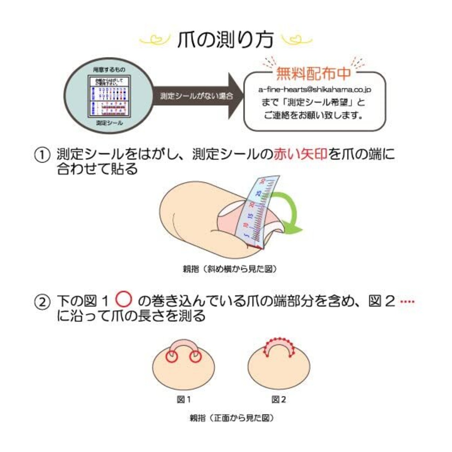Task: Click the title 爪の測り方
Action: (226, 40)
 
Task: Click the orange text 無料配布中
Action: (314, 73)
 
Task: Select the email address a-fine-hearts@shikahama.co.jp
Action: (315, 90)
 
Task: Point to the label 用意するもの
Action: (109, 70)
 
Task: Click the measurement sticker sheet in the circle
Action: (109, 96)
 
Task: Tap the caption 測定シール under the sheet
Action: (109, 123)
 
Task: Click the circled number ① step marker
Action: (42, 155)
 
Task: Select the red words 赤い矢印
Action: (301, 155)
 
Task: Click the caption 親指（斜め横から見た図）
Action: (230, 269)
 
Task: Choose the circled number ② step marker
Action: (42, 303)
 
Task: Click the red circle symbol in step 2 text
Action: (124, 299)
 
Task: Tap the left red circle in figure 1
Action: (172, 357)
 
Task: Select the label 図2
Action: (279, 399)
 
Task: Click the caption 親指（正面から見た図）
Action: (232, 418)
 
